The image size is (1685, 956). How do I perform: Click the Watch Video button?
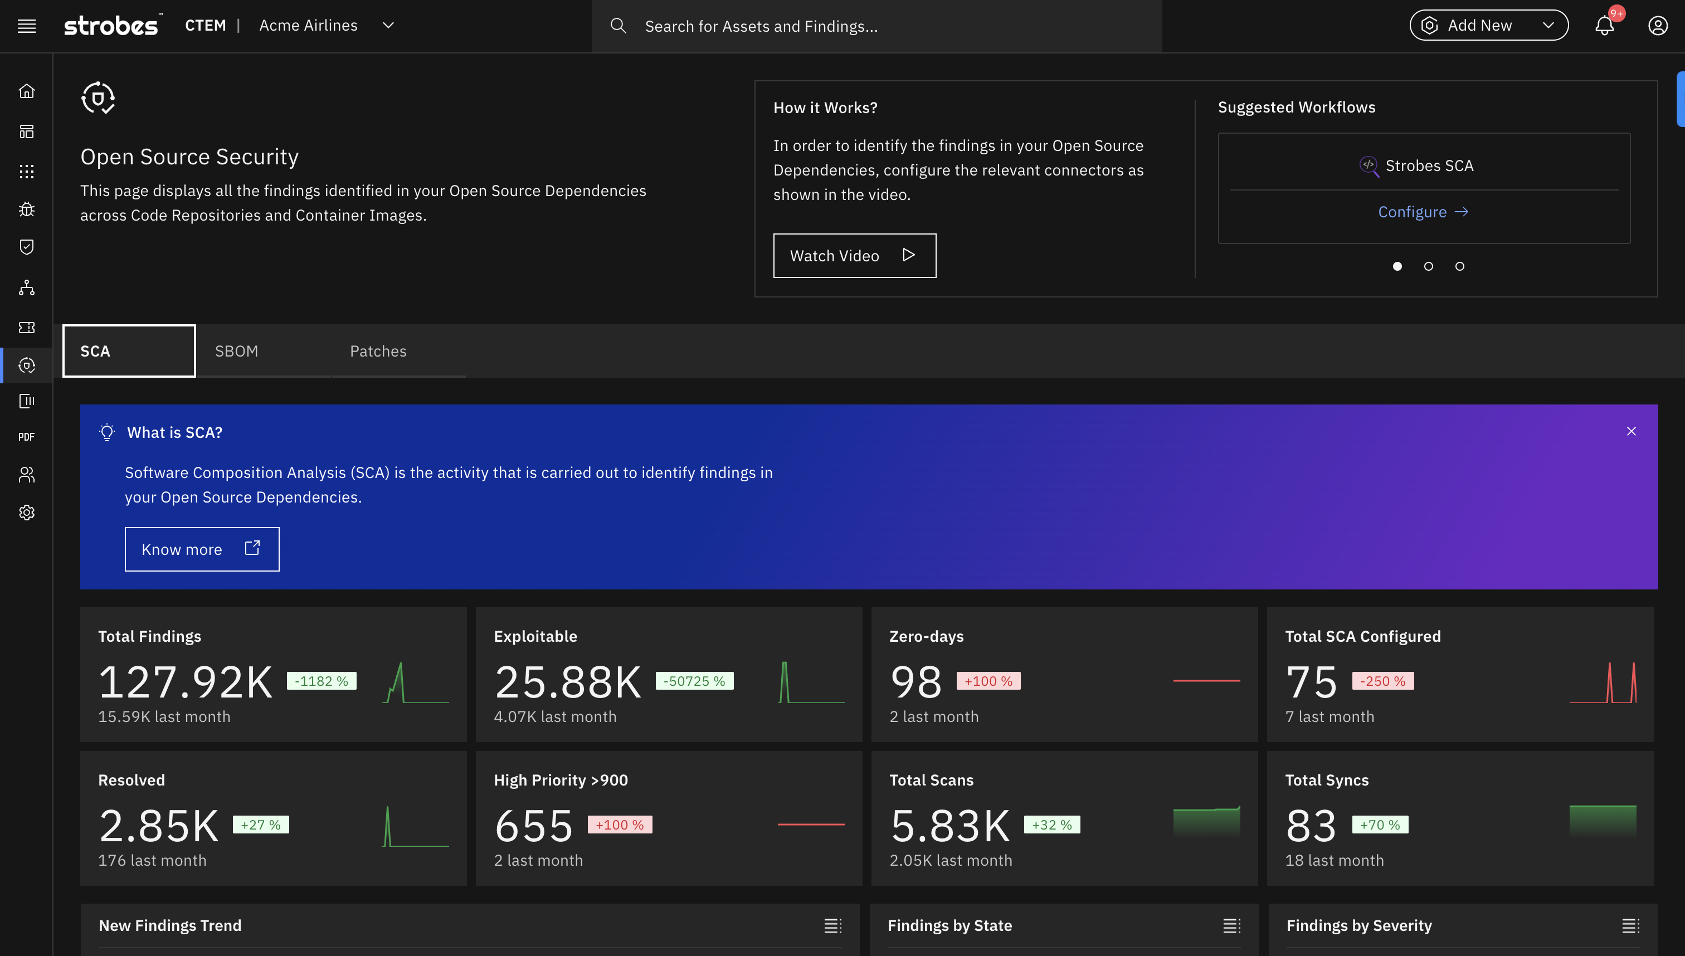(854, 255)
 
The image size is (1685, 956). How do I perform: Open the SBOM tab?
(236, 352)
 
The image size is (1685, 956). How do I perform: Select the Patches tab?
(378, 352)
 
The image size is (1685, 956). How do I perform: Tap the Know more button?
(202, 549)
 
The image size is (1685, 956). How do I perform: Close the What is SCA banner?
(1631, 431)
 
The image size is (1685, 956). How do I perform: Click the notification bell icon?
(1604, 26)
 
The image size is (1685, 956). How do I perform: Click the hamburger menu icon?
(27, 26)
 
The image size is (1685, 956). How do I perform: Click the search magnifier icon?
(618, 26)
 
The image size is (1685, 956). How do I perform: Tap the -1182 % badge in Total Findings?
(322, 681)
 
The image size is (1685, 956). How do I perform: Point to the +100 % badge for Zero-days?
(988, 681)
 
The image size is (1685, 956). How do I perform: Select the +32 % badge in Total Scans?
(1052, 825)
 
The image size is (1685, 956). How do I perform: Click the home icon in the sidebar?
(27, 91)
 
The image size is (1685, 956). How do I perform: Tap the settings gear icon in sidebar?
(27, 513)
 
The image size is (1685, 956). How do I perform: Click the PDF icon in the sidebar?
(27, 437)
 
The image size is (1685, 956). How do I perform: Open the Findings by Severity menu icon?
(1630, 926)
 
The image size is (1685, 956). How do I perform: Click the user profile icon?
(1658, 26)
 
